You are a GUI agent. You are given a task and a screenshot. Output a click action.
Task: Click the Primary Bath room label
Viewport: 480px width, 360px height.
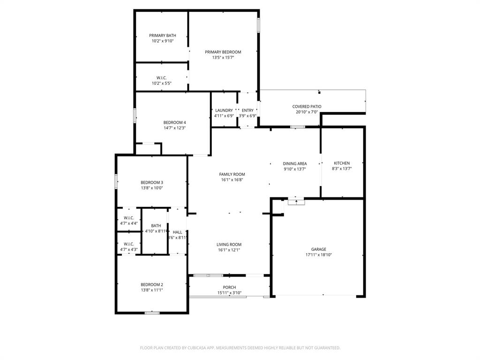[163, 36]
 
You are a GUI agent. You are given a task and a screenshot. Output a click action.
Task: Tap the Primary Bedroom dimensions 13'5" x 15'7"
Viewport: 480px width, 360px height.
[223, 58]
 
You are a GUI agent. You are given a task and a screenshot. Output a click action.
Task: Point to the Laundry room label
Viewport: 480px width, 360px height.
[224, 110]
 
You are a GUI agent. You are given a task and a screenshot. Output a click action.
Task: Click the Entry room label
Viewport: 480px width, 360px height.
[247, 110]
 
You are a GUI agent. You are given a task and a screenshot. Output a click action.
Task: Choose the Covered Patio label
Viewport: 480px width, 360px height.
[307, 106]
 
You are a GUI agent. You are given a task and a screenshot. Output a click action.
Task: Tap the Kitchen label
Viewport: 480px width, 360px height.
[342, 163]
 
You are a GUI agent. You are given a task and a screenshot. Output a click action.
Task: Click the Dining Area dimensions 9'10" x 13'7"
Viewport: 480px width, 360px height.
[295, 169]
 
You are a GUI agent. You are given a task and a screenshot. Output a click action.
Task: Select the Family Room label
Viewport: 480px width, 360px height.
[232, 174]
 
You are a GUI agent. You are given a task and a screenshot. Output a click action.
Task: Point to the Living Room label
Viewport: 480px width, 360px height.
[229, 244]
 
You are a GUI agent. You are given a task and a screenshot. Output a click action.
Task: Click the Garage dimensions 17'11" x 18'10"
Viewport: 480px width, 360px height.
[318, 255]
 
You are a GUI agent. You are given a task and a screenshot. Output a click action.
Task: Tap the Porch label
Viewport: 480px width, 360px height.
[229, 287]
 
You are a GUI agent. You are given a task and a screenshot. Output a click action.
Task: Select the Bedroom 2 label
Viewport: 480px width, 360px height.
[152, 285]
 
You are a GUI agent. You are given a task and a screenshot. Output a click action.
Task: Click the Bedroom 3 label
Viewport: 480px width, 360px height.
[152, 182]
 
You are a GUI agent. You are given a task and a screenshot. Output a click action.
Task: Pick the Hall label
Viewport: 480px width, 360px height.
[177, 232]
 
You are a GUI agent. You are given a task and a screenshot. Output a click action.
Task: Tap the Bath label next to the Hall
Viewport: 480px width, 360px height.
[156, 225]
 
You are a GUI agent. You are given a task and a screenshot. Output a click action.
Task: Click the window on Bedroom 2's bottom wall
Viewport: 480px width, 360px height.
[152, 313]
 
